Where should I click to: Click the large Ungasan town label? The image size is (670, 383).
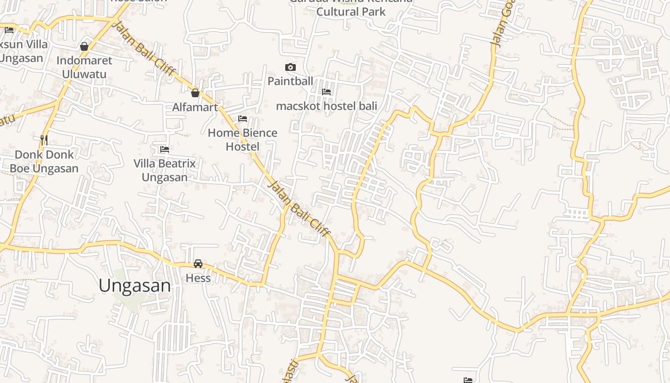click(134, 286)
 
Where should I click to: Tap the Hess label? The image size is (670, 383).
click(198, 278)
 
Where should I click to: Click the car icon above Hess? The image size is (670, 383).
click(198, 264)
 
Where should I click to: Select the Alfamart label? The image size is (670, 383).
click(195, 107)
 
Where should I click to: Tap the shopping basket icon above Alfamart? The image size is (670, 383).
click(195, 93)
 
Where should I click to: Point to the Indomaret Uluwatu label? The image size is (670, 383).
click(84, 67)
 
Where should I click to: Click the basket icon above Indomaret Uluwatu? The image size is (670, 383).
click(84, 46)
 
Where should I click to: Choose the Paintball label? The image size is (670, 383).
click(290, 81)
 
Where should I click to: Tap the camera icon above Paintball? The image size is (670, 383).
click(290, 68)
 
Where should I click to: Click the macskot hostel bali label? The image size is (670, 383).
click(326, 106)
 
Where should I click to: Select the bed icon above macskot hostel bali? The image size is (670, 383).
click(326, 92)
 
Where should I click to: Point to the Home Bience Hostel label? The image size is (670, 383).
click(242, 139)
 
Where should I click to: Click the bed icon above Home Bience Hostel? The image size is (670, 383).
click(243, 119)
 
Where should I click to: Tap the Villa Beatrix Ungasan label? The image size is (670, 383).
click(165, 170)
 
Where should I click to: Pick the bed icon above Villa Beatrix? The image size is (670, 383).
click(165, 149)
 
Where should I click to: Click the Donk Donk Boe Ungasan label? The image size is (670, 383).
click(44, 161)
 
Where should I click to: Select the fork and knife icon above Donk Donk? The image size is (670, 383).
click(44, 140)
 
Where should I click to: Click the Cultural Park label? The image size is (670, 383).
click(351, 11)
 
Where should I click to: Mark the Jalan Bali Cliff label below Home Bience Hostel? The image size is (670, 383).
click(300, 208)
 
